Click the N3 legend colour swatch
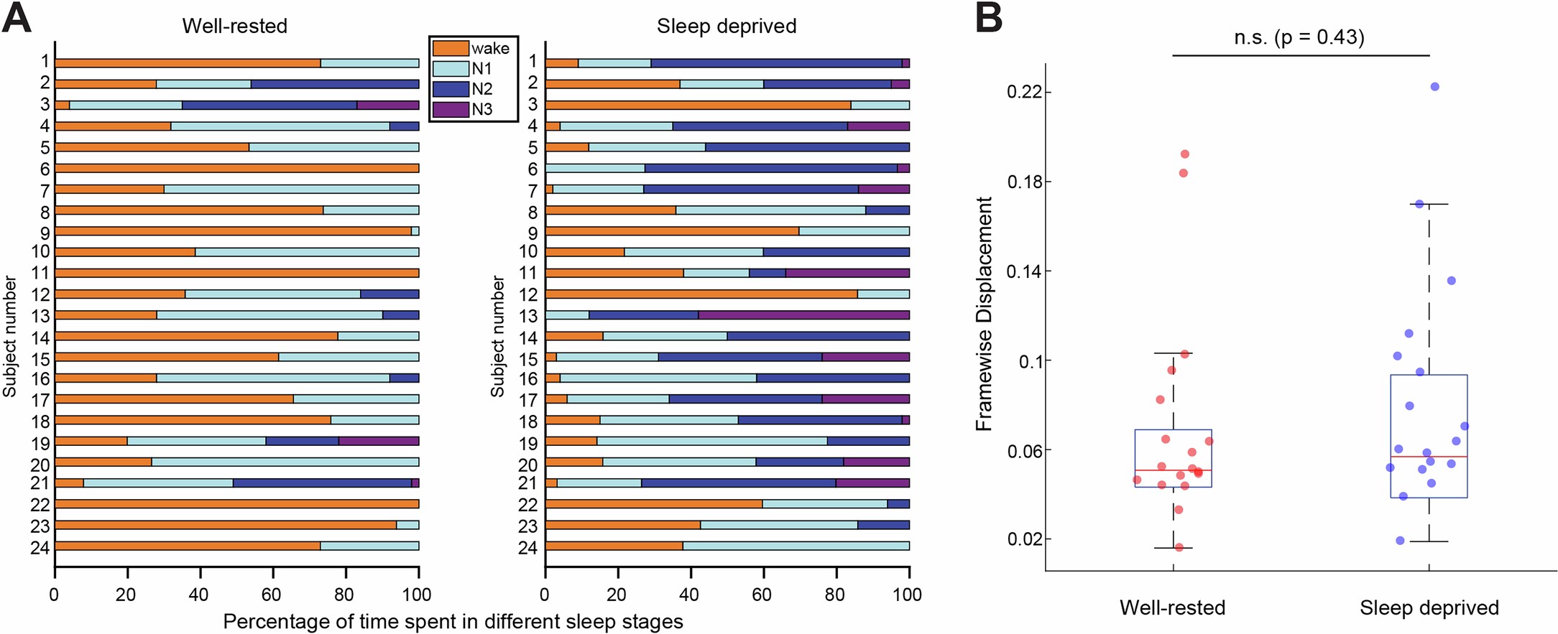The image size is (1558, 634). tap(451, 110)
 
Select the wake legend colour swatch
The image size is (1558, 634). tap(451, 48)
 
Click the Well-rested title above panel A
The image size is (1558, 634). tap(234, 26)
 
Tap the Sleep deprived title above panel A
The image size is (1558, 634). tap(726, 26)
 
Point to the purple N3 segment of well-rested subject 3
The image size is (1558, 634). tap(388, 105)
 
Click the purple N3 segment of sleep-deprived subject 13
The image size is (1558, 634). tap(803, 315)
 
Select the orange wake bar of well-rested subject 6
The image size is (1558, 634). tap(236, 168)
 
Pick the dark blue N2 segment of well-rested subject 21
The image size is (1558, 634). tap(322, 483)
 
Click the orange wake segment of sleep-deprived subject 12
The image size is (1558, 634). tap(701, 294)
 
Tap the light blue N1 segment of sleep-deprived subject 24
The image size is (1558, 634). tap(796, 546)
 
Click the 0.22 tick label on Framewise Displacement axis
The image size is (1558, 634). tap(1023, 92)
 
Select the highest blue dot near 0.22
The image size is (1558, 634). tap(1434, 87)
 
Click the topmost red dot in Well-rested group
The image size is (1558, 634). tap(1184, 154)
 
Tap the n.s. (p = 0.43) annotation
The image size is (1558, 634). tap(1299, 37)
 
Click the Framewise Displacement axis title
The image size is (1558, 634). tap(984, 314)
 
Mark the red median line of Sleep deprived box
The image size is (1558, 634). tap(1429, 457)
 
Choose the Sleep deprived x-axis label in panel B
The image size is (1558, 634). tap(1429, 607)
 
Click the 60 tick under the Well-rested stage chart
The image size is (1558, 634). tap(272, 595)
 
